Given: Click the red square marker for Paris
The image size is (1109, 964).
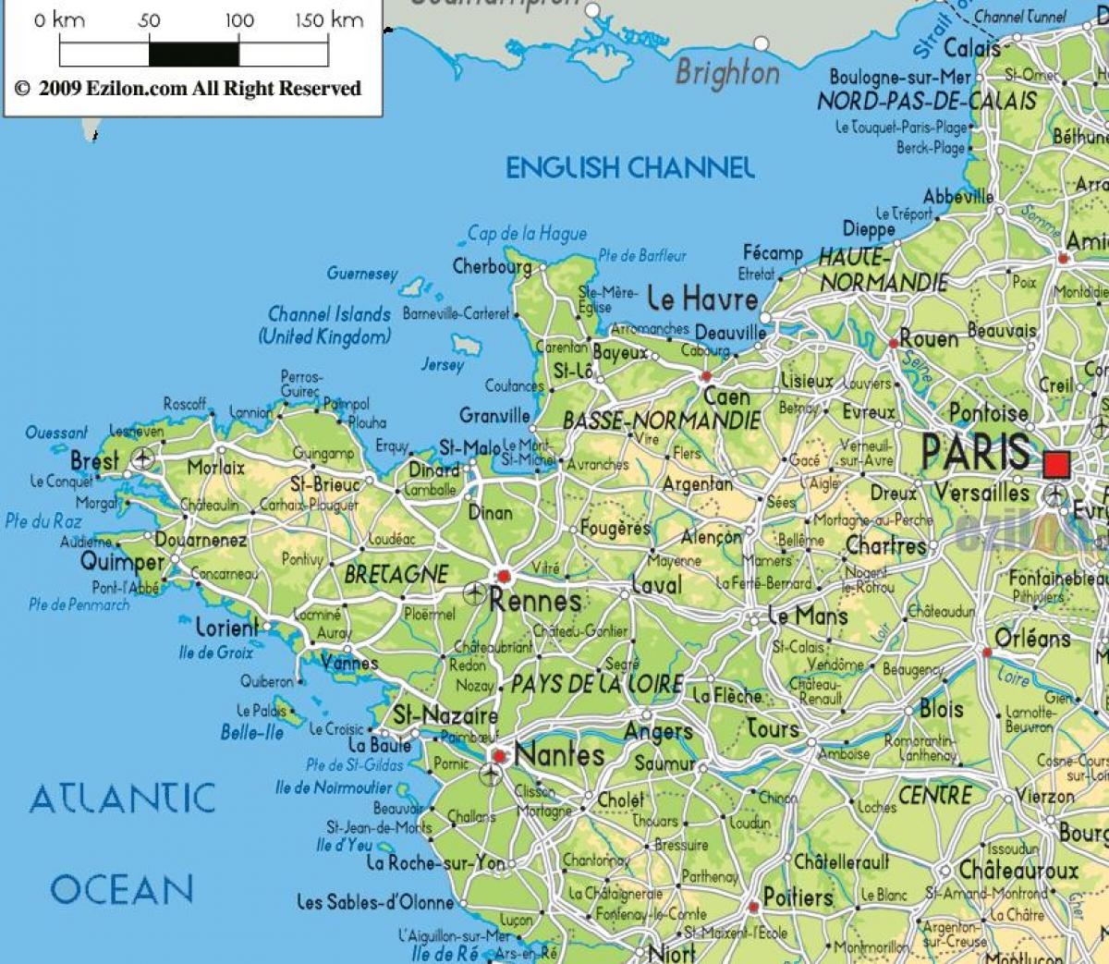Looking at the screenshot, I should (x=1055, y=462).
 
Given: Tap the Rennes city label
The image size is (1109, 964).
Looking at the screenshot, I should (x=535, y=601).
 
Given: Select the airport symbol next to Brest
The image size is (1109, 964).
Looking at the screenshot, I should (x=142, y=458).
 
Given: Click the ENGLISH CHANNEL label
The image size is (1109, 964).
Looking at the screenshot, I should (x=629, y=167).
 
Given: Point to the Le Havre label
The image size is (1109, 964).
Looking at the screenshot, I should (x=702, y=299).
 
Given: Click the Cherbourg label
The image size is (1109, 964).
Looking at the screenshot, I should (x=492, y=267).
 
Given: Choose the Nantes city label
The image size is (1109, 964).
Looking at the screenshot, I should (x=559, y=754).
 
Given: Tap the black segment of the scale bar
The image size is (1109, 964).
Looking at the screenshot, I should (x=193, y=54).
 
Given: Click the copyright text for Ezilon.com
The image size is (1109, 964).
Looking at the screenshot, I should (x=188, y=89).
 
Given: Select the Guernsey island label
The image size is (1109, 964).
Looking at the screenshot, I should (x=361, y=274).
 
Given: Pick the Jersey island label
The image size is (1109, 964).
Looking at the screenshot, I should (x=443, y=364).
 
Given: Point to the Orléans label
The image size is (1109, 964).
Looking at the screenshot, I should (x=1032, y=638).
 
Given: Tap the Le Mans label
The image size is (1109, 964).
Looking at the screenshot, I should (x=807, y=616).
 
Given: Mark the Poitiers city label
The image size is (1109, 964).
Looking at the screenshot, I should (x=798, y=897).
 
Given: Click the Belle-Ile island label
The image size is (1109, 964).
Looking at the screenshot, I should (x=251, y=732).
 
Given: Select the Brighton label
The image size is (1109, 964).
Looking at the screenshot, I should (x=727, y=73).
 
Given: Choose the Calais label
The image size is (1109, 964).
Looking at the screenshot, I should (x=972, y=48).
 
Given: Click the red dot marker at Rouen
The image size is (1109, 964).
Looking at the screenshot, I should (x=894, y=343).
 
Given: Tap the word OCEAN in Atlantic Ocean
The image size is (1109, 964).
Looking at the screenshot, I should (x=121, y=889).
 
